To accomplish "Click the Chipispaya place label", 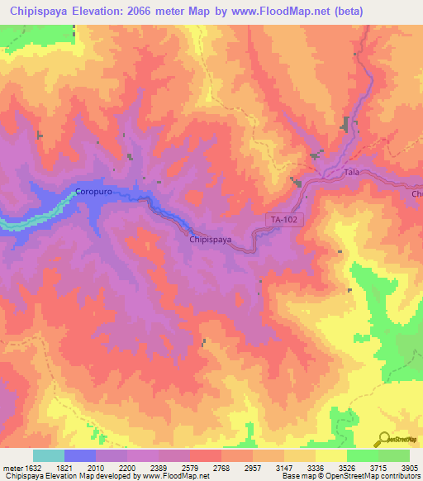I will click(x=210, y=240).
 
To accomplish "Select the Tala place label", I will click(x=351, y=173).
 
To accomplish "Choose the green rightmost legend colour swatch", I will click(x=393, y=455).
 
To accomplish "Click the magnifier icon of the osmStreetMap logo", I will click(x=383, y=440).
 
